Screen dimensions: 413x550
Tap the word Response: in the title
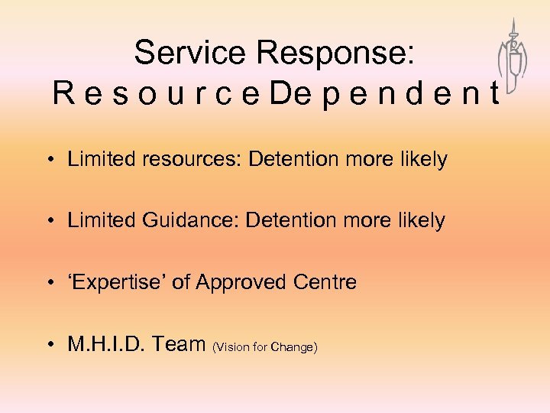tap(335, 53)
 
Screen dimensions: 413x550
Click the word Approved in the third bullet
tap(242, 282)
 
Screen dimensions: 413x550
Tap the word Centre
tap(325, 282)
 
